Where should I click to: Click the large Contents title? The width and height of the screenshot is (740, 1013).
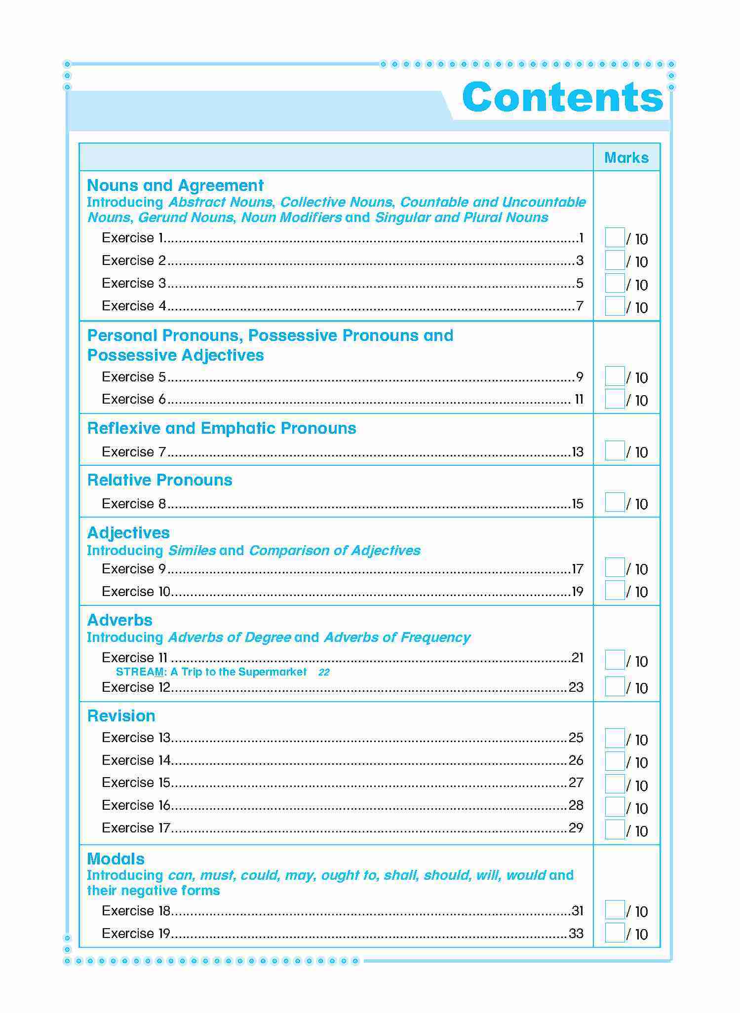click(x=562, y=97)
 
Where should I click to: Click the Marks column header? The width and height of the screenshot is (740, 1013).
click(x=626, y=158)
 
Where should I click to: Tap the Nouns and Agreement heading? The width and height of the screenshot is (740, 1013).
click(x=175, y=186)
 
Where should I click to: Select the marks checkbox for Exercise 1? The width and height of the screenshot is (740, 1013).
click(x=615, y=238)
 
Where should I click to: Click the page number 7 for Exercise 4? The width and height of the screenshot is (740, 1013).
click(x=580, y=306)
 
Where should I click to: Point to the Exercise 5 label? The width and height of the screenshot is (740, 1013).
click(x=134, y=377)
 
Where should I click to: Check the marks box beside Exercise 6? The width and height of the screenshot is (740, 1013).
click(x=615, y=399)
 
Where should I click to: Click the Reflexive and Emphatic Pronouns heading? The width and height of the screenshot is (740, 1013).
click(x=222, y=428)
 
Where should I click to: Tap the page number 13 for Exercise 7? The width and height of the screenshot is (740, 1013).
click(x=578, y=452)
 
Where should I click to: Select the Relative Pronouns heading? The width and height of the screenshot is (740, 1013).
click(x=159, y=480)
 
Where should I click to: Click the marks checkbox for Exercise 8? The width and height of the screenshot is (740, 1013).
click(x=615, y=503)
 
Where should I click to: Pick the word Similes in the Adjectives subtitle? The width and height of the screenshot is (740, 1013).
click(x=192, y=551)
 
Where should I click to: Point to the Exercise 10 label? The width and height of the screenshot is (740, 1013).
click(x=136, y=591)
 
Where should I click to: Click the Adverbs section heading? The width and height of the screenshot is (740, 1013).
click(x=120, y=620)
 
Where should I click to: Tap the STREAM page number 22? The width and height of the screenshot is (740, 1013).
click(x=324, y=672)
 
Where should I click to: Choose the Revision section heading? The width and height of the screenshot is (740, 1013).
click(x=121, y=716)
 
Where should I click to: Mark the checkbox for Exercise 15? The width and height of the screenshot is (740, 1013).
click(x=615, y=784)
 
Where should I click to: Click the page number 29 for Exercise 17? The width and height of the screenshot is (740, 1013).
click(x=576, y=827)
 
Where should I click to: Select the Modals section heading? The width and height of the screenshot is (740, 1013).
click(x=116, y=859)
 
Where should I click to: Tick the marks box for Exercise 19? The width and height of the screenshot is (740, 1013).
click(x=615, y=933)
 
